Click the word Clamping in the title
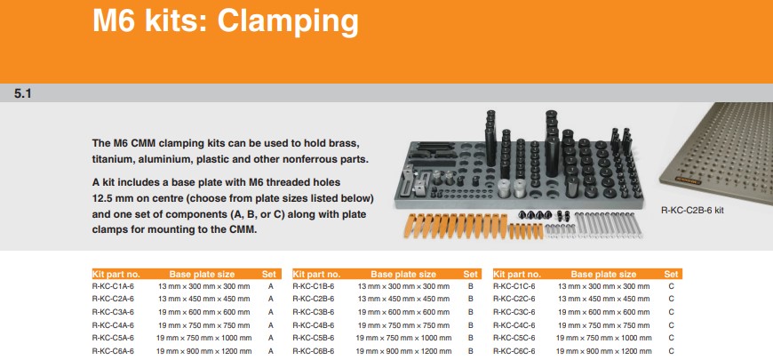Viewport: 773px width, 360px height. [x=288, y=21]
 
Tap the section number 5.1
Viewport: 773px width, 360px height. [x=23, y=93]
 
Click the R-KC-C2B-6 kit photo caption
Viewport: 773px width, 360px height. [x=692, y=210]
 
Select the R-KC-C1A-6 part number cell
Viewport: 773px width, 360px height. [x=113, y=286]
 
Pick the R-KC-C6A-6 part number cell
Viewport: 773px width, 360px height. [x=113, y=351]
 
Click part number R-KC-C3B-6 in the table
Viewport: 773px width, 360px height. [x=314, y=312]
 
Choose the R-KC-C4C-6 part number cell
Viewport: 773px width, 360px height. [x=514, y=325]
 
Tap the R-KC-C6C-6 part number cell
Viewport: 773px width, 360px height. [x=514, y=351]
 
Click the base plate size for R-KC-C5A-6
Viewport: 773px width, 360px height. [x=204, y=339]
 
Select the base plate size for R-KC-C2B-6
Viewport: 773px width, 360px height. [x=403, y=299]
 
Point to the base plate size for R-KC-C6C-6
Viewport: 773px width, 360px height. [x=604, y=351]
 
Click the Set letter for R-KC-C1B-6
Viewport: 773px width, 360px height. [x=471, y=286]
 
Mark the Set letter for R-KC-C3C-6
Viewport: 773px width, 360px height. [x=671, y=312]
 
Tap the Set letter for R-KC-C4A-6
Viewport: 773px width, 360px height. [x=271, y=325]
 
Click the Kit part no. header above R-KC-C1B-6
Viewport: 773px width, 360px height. [x=316, y=274]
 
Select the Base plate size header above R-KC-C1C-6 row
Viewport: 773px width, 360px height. [x=603, y=274]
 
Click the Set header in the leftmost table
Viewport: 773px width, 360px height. [x=269, y=274]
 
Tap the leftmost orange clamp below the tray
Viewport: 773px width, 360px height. [x=410, y=226]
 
